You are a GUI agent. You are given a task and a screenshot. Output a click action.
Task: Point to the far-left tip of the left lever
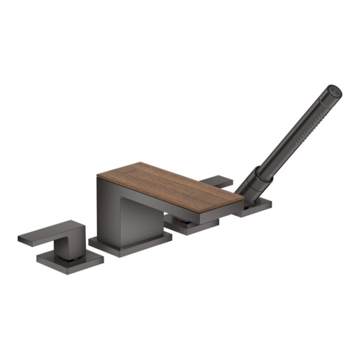point(20,238)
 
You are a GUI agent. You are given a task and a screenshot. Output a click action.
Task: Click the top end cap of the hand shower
point(334,91)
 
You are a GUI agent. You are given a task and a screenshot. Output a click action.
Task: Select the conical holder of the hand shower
point(253,185)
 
